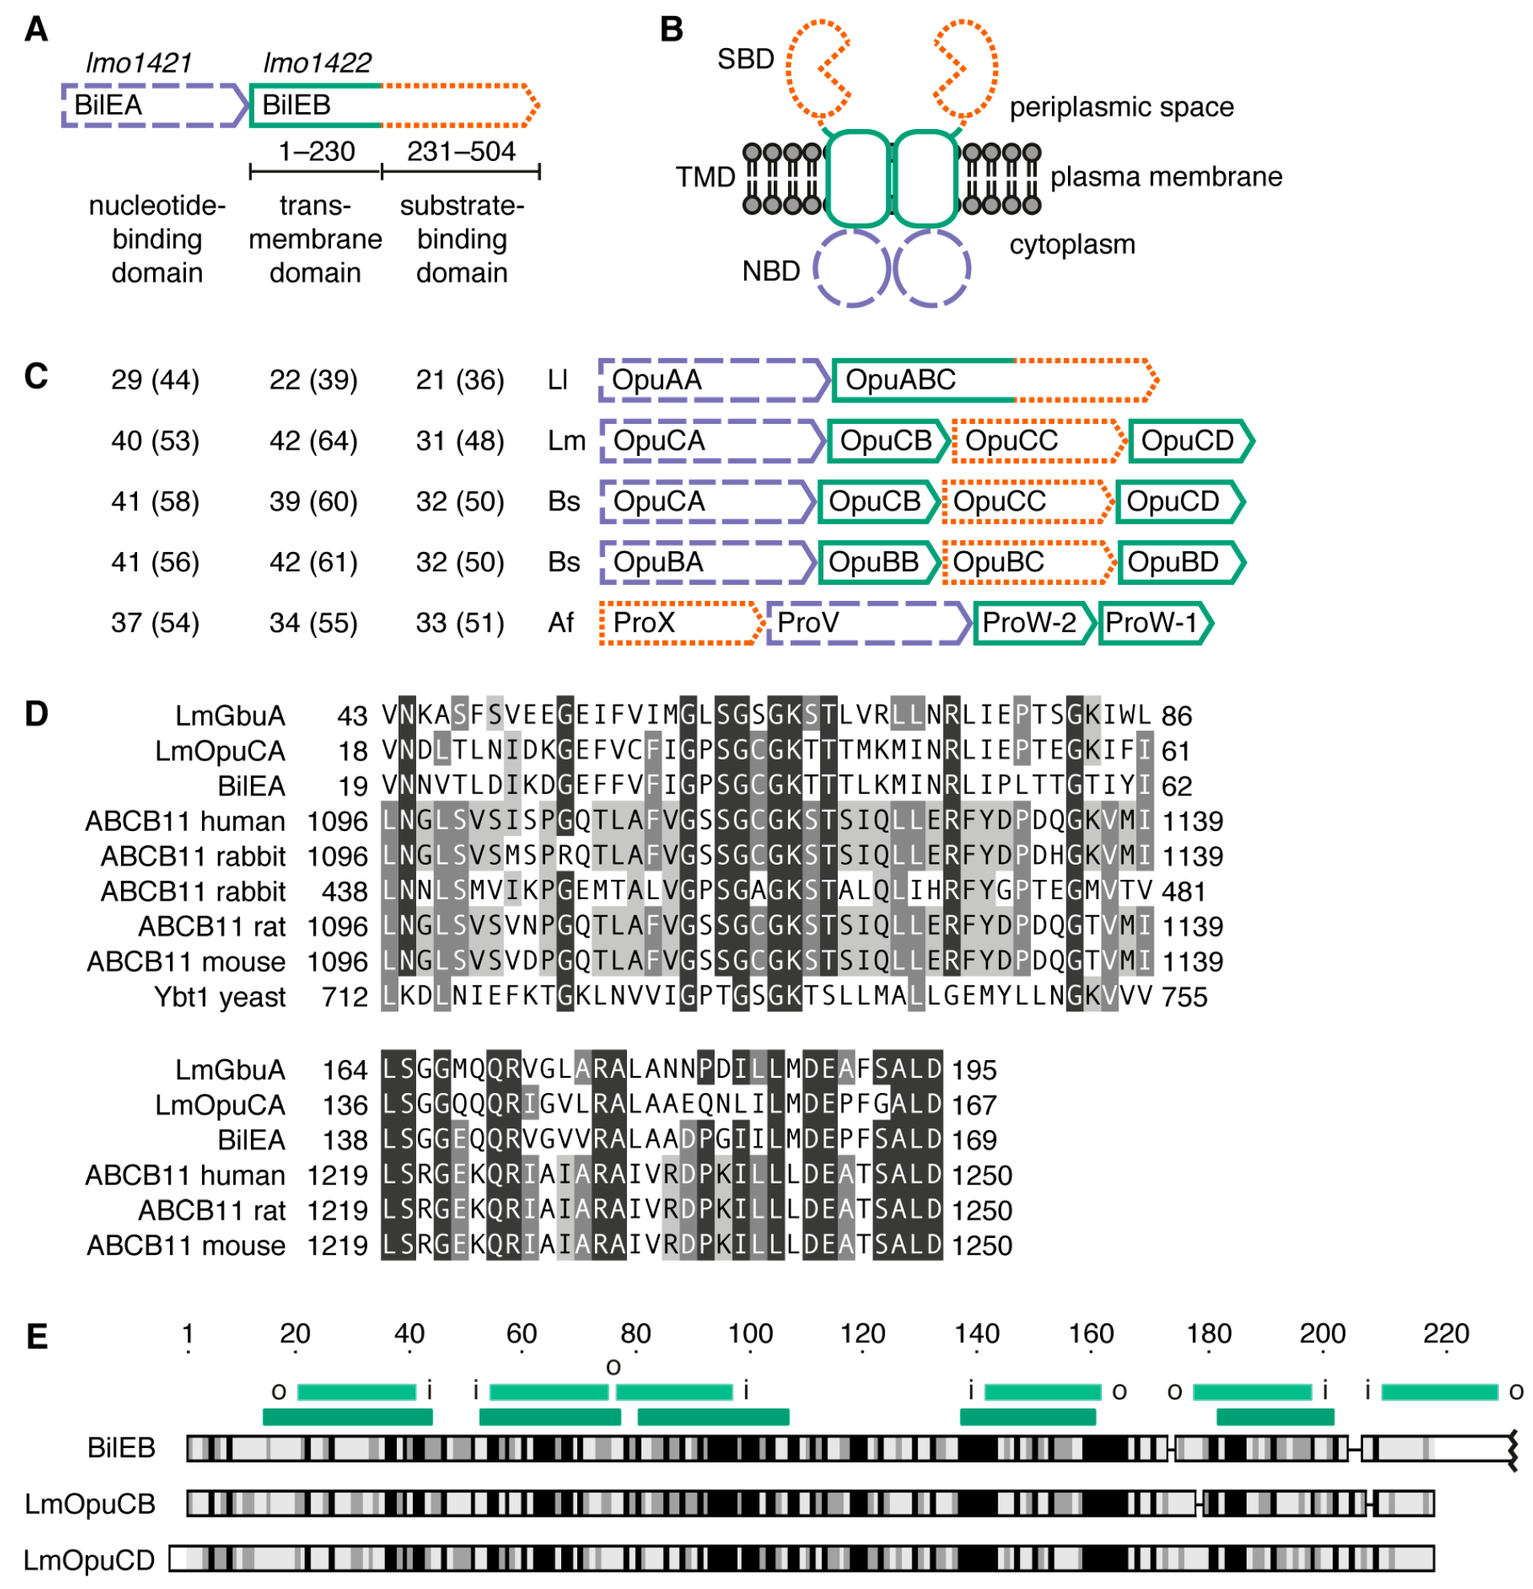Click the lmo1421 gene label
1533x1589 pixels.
click(x=139, y=63)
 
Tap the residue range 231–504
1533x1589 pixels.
click(x=461, y=151)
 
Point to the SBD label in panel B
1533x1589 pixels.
click(x=746, y=59)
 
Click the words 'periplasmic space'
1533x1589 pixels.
click(x=1121, y=107)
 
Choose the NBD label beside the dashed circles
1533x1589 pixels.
click(x=771, y=271)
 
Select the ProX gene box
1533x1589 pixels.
click(x=680, y=623)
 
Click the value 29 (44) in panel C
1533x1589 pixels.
click(x=155, y=381)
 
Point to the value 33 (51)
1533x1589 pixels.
click(x=460, y=623)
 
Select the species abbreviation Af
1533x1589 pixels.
click(x=560, y=623)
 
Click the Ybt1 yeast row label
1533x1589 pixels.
click(x=220, y=996)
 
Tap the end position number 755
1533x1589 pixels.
click(x=1183, y=996)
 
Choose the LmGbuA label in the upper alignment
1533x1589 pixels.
click(x=230, y=716)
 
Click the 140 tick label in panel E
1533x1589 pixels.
click(x=976, y=1333)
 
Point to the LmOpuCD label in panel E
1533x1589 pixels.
click(x=89, y=1560)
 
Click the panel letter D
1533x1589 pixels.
click(x=37, y=714)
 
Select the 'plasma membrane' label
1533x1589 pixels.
click(x=1166, y=177)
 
